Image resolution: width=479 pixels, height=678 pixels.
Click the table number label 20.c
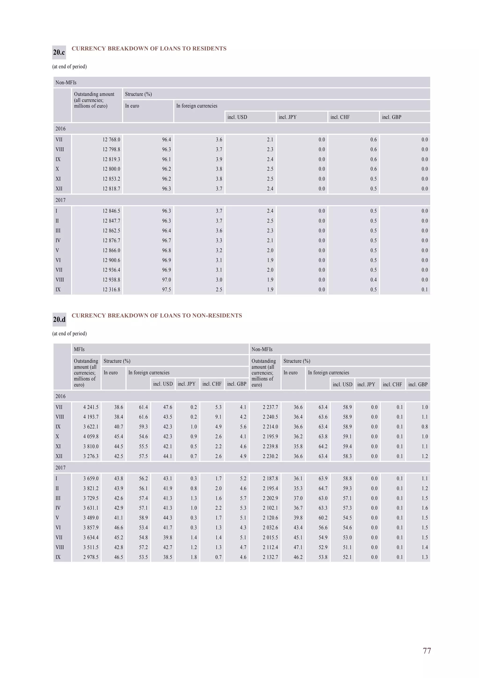59,52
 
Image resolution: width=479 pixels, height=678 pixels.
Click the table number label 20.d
59,319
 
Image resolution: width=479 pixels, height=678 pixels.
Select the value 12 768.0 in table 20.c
111,140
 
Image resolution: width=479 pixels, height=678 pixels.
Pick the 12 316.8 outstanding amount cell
111,290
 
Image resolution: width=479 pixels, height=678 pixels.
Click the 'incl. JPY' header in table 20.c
287,117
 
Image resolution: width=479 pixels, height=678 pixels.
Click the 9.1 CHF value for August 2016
218,417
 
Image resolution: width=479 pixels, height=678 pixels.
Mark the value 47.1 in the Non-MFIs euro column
298,547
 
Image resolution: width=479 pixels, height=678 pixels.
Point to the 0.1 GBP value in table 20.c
425,290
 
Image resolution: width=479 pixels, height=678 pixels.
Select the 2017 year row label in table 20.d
61,467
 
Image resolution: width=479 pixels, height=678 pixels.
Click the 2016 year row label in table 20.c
61,129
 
